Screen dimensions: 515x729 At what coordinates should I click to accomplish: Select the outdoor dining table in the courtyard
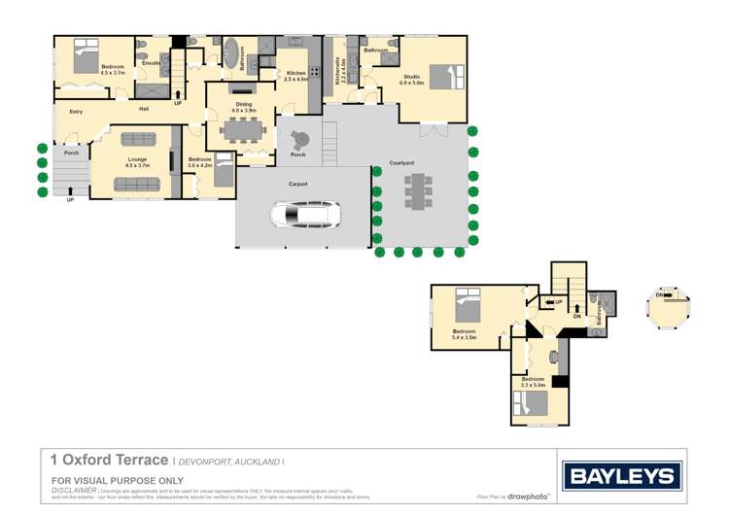click(x=421, y=190)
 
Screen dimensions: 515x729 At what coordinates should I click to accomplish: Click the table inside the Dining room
click(x=239, y=127)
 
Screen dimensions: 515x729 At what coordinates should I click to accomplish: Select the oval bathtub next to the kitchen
click(x=230, y=52)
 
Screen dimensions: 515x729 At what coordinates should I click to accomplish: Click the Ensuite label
click(x=150, y=62)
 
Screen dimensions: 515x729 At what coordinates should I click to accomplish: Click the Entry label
click(x=75, y=112)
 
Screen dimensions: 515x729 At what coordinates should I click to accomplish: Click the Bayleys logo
click(x=622, y=476)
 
